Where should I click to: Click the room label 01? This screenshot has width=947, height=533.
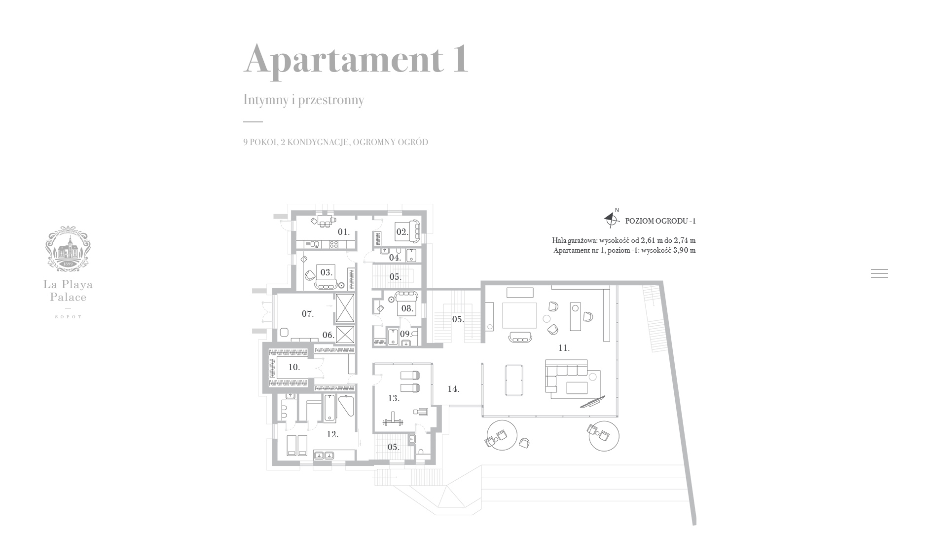343,232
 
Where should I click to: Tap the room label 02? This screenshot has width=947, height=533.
402,232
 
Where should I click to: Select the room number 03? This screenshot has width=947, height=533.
326,272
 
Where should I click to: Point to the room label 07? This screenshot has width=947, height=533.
307,314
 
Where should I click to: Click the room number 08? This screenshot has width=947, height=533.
407,309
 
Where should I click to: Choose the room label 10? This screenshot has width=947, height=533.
294,367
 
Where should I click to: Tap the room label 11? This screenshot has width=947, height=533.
564,348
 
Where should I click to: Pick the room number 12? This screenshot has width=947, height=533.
332,434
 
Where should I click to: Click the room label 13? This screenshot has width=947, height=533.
394,398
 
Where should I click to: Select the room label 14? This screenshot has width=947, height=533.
453,389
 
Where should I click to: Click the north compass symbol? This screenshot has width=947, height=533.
612,219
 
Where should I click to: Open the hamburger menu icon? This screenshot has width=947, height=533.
879,273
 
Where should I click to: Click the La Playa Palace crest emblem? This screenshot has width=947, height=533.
68,248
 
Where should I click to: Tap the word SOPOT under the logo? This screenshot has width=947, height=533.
68,317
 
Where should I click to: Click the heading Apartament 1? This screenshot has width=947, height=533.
356,60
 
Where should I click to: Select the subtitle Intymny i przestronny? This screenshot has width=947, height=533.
303,100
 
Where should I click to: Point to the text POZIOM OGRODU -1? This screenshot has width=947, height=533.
660,221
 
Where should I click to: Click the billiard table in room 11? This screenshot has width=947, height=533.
514,380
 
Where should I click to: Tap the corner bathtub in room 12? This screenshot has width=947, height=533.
346,408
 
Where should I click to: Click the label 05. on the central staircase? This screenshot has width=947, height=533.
458,319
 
